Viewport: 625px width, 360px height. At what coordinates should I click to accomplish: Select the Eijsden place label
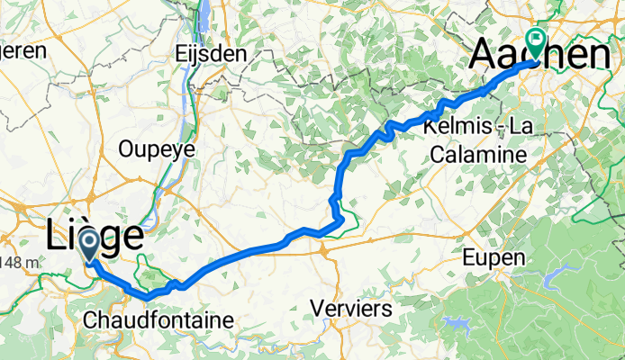pyautogui.click(x=213, y=53)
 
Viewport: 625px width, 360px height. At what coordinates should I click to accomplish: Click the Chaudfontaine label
pyautogui.click(x=157, y=319)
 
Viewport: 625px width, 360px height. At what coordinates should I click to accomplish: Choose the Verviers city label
pyautogui.click(x=350, y=309)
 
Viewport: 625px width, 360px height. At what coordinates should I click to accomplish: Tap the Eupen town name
pyautogui.click(x=494, y=258)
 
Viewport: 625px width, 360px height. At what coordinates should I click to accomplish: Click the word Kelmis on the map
pyautogui.click(x=450, y=130)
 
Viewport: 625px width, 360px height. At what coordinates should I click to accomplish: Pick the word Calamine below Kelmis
pyautogui.click(x=476, y=155)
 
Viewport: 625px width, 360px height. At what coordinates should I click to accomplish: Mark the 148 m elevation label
pyautogui.click(x=18, y=262)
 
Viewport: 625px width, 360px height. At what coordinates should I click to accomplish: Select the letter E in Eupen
pyautogui.click(x=468, y=258)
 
